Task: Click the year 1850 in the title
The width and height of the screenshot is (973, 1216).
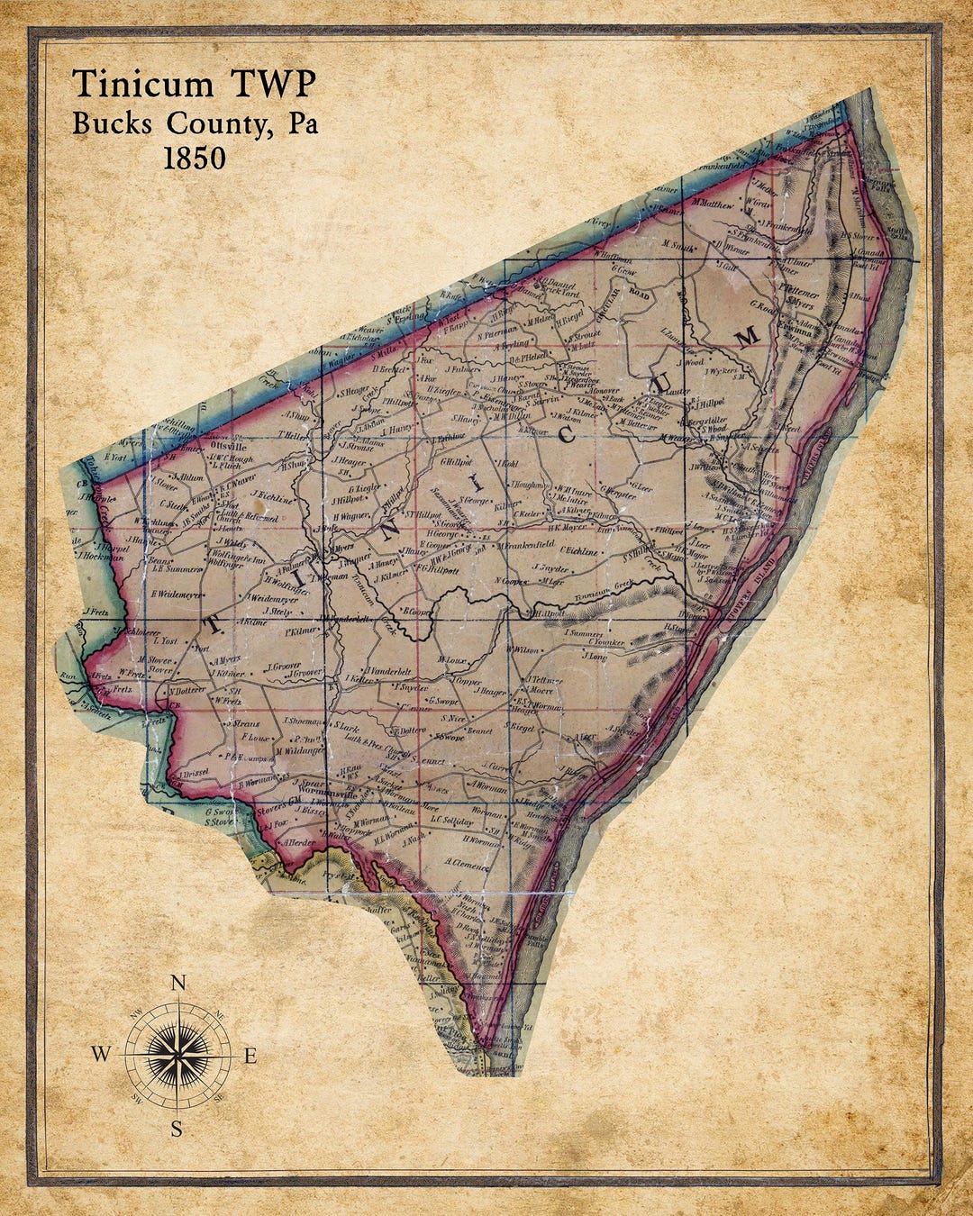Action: [194, 158]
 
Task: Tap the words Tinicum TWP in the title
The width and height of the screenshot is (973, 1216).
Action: [194, 84]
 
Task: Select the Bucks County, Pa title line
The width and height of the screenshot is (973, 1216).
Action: [195, 123]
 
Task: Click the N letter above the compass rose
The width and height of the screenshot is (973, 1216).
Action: [178, 984]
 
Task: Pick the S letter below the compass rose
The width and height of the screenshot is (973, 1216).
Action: [177, 1129]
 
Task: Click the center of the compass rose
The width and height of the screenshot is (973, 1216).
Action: [177, 1054]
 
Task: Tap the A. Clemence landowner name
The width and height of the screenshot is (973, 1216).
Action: [466, 862]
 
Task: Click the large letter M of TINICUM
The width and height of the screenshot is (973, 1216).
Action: [747, 336]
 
